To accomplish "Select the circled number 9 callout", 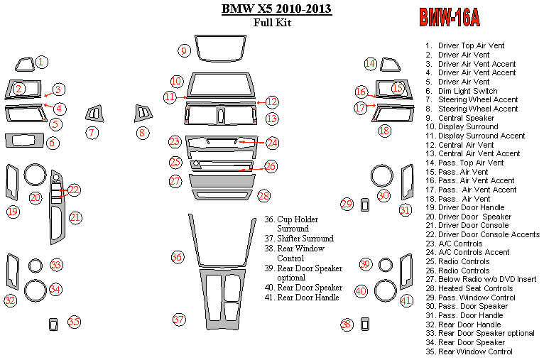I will click(184, 50).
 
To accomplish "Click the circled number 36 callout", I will click(178, 256).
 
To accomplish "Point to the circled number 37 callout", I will click(179, 320).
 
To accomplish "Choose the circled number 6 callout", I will click(53, 143).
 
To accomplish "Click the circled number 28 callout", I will click(264, 195).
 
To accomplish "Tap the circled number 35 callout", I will click(74, 321).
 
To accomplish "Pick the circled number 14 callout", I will click(370, 64).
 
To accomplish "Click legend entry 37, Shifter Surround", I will click(305, 239).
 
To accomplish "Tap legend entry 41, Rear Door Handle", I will click(308, 297).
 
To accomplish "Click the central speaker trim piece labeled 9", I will click(217, 50).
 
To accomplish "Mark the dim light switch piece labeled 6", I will click(23, 139).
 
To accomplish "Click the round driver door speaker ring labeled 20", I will click(35, 175).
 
